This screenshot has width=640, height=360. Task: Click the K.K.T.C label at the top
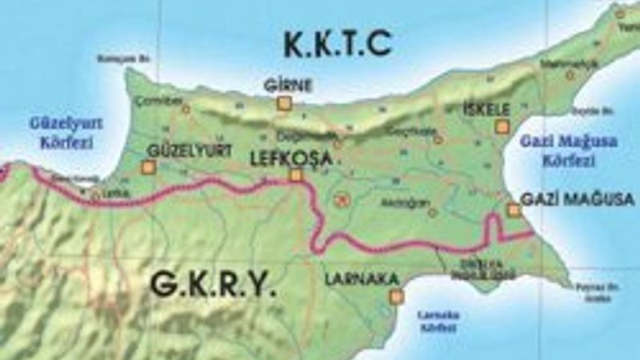click(x=337, y=46)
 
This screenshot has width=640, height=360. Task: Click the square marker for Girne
click(x=283, y=103)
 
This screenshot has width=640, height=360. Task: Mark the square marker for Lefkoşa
click(x=296, y=175)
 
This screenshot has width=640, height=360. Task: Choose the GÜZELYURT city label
click(x=190, y=150)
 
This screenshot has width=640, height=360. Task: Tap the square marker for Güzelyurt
click(x=147, y=167)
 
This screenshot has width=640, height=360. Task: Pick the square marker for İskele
click(x=502, y=126)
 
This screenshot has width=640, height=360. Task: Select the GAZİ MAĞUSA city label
click(x=577, y=199)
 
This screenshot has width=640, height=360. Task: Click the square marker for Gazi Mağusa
click(x=514, y=210)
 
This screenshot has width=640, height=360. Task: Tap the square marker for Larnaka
click(x=395, y=297)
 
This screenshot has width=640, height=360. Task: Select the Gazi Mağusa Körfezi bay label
click(x=558, y=150)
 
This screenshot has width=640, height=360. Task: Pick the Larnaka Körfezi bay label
click(x=438, y=321)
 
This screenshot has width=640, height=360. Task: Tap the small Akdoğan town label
click(x=401, y=202)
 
